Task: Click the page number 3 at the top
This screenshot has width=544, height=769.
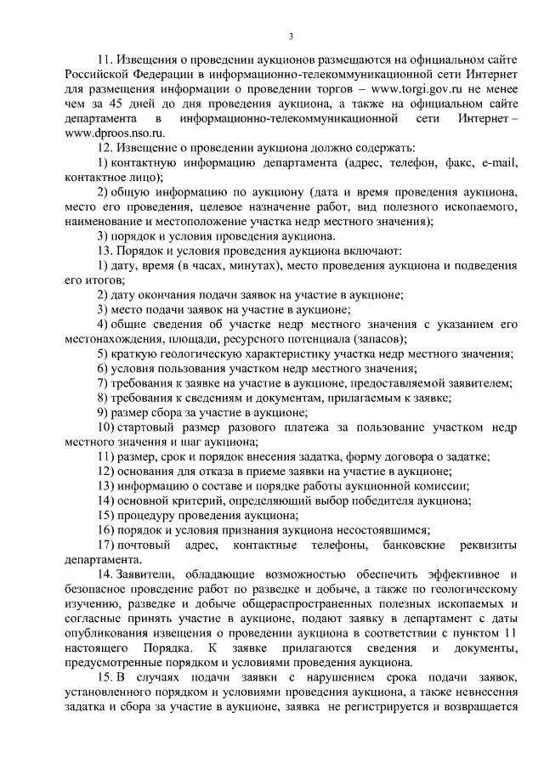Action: (290, 36)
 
